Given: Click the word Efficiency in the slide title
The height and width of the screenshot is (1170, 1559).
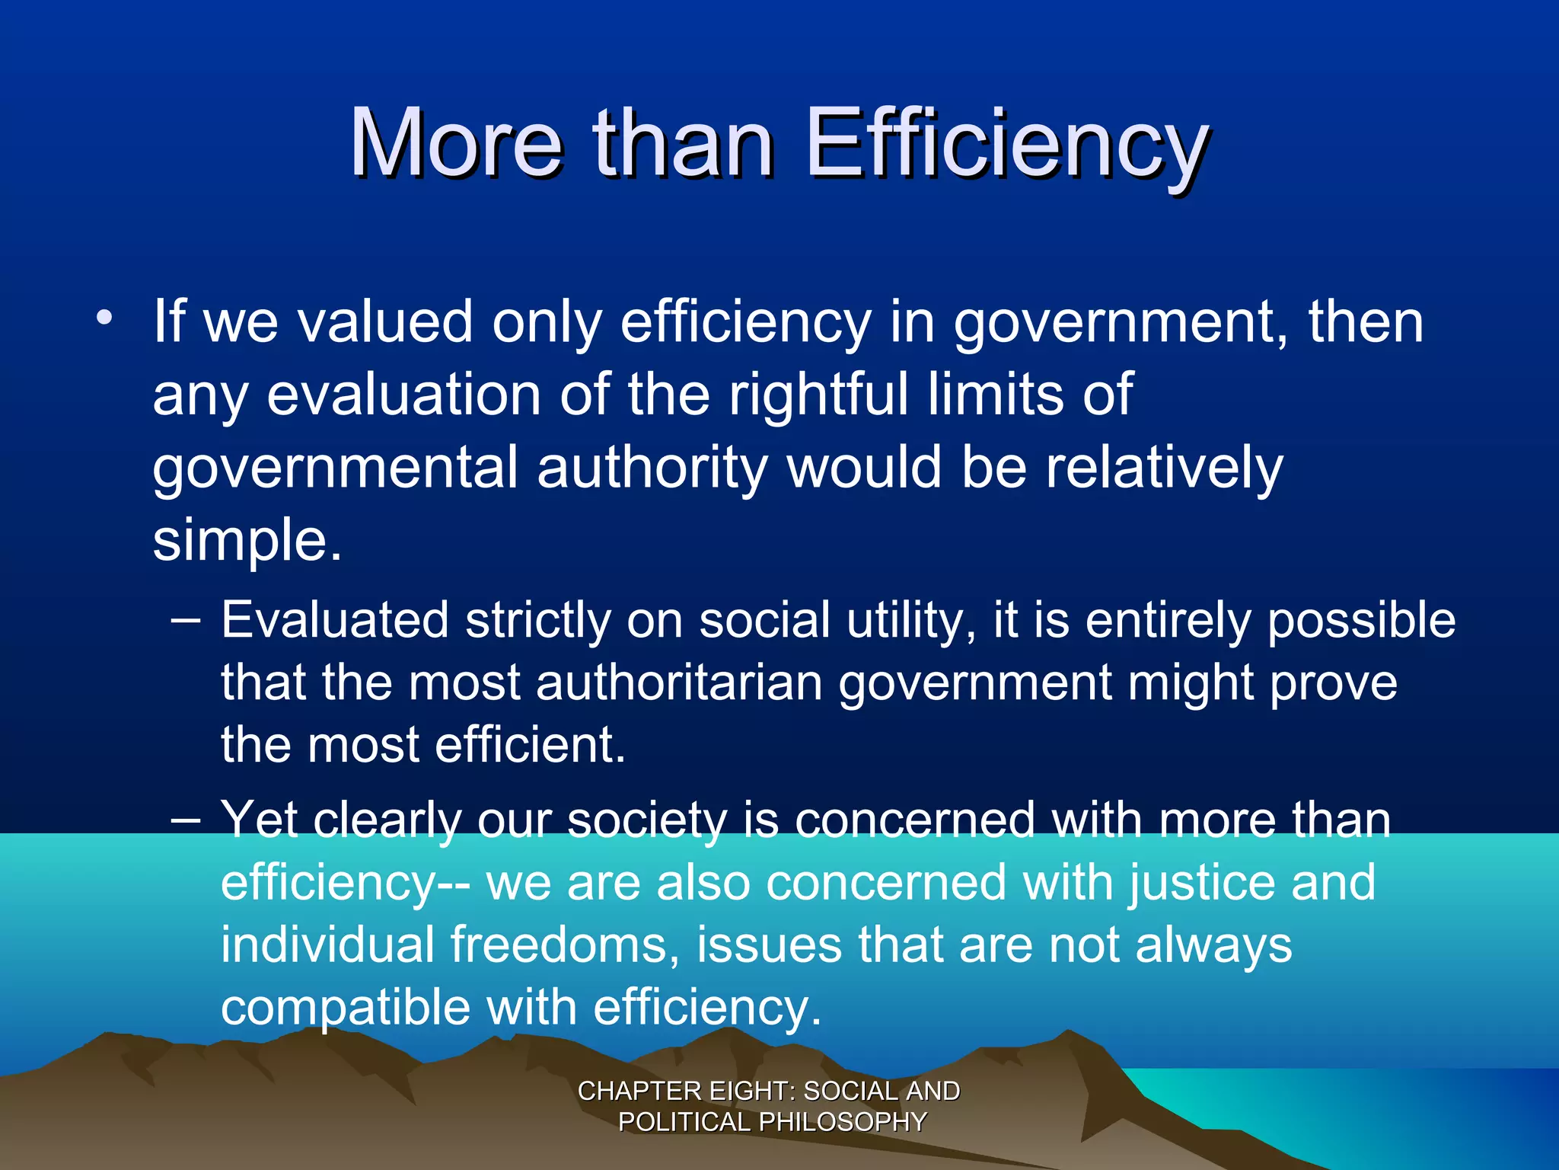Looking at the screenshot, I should click(x=1006, y=145).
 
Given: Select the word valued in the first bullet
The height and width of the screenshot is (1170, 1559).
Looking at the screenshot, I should click(x=385, y=321).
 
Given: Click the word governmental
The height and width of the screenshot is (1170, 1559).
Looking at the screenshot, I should click(x=335, y=468).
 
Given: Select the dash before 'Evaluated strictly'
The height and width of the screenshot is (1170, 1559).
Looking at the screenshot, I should click(x=186, y=620).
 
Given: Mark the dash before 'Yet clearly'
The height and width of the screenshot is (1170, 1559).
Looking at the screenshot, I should click(x=186, y=820).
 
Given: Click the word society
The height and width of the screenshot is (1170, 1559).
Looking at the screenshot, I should click(x=647, y=821).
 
